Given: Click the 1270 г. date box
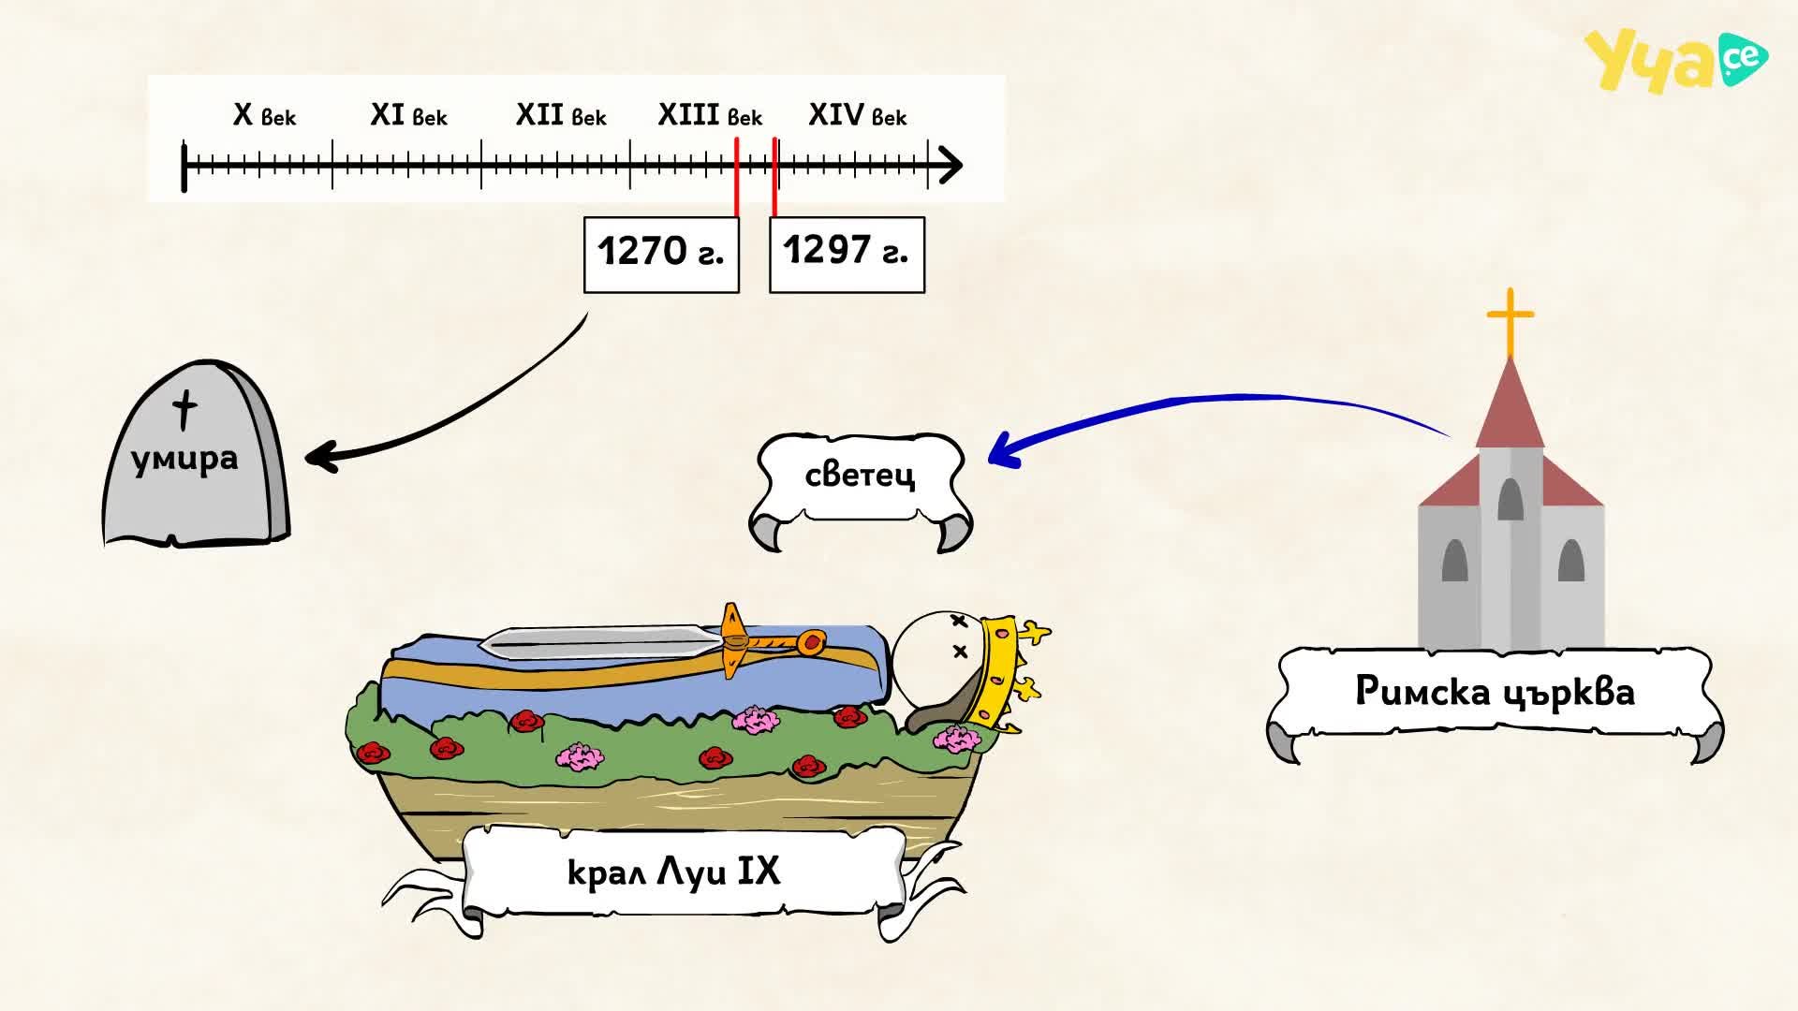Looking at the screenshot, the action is [x=661, y=255].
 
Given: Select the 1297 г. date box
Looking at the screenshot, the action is [x=847, y=255].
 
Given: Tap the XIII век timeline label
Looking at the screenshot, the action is [x=710, y=115].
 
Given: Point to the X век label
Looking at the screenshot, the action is [x=264, y=115].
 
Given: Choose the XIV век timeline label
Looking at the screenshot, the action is [x=857, y=115].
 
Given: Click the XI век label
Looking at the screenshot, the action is [x=408, y=115].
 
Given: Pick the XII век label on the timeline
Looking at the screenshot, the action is [x=561, y=115].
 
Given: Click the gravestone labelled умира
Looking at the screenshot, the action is [x=196, y=453].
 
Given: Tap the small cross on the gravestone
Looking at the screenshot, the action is [x=185, y=410].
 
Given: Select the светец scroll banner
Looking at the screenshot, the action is [x=860, y=490].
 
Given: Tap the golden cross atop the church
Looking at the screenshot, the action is [x=1511, y=322].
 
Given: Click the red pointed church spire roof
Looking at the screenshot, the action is [x=1511, y=404].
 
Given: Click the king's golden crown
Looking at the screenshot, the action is [x=1008, y=672].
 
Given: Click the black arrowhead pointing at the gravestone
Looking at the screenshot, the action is [x=320, y=457].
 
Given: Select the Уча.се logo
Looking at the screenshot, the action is [x=1675, y=60].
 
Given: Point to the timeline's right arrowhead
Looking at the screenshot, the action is [x=951, y=166].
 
